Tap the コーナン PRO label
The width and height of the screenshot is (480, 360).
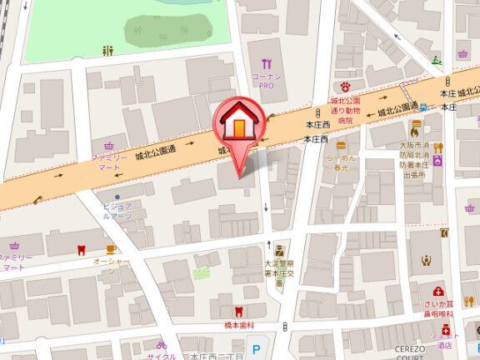(267, 81)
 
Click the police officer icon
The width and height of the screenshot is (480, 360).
(279, 249)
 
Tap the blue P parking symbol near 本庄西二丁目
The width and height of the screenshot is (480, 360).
(256, 351)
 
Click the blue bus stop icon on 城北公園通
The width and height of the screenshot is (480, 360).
(424, 107)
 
